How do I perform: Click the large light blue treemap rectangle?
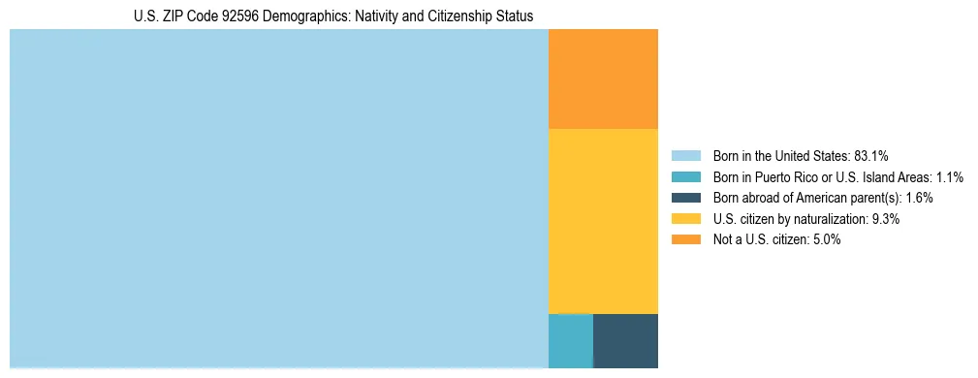click(279, 199)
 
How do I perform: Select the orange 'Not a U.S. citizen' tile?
click(603, 79)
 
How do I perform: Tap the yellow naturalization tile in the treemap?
click(603, 221)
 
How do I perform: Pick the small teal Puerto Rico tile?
click(570, 341)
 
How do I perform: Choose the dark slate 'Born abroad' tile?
click(625, 341)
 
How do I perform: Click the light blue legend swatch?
click(685, 156)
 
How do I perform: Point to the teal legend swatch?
click(685, 177)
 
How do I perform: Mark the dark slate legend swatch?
click(685, 198)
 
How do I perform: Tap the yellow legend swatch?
click(685, 219)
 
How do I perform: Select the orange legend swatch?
click(685, 239)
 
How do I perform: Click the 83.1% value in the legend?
click(871, 156)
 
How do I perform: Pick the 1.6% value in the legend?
click(919, 198)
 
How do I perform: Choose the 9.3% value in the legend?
click(886, 219)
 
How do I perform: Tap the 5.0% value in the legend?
click(825, 239)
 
